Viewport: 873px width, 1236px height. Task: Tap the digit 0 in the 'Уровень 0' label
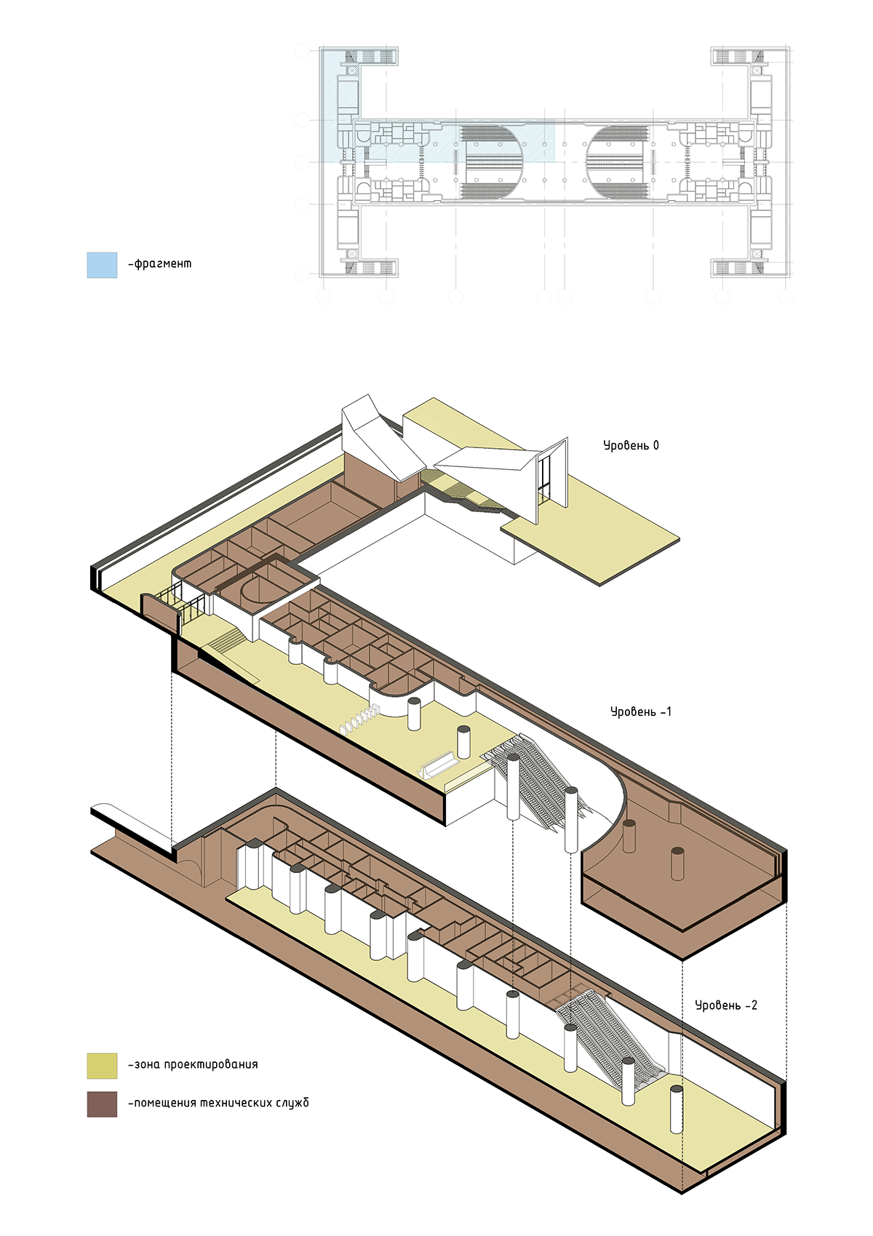pos(655,445)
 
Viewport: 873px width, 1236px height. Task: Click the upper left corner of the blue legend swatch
pos(87,252)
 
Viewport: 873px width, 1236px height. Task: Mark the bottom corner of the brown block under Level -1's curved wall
pos(684,960)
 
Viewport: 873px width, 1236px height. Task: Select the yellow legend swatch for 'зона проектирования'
pos(102,1066)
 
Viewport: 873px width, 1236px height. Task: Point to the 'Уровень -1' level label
pos(641,711)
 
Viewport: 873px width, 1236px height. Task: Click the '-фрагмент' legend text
pos(159,264)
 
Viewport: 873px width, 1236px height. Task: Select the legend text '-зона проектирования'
pos(193,1064)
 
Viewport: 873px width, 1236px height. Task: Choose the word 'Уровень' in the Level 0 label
pos(625,446)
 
